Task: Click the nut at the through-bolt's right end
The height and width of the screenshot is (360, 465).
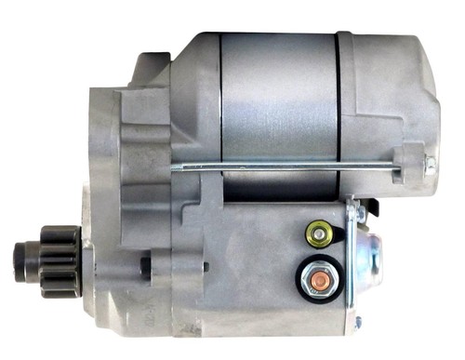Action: tap(429, 166)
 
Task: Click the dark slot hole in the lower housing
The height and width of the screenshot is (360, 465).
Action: tap(146, 265)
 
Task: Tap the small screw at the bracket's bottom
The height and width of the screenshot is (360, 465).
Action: tap(356, 322)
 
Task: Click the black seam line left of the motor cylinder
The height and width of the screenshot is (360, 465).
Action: tap(220, 102)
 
